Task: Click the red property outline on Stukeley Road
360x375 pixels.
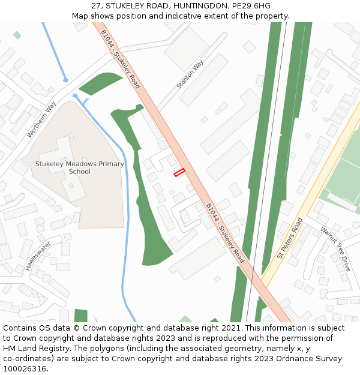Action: click(x=179, y=173)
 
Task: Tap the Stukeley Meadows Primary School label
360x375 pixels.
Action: click(x=79, y=167)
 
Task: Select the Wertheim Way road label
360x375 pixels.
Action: click(x=41, y=119)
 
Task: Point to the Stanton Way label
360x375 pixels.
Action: click(x=190, y=74)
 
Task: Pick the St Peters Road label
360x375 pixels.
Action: click(x=290, y=238)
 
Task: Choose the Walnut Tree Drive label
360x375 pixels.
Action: click(x=335, y=248)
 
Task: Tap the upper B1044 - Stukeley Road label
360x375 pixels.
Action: click(x=121, y=59)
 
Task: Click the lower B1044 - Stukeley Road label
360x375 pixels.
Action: click(x=225, y=233)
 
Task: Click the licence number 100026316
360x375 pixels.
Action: click(x=25, y=369)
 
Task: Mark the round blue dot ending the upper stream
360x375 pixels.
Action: click(x=65, y=80)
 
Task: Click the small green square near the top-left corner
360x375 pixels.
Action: click(x=17, y=35)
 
